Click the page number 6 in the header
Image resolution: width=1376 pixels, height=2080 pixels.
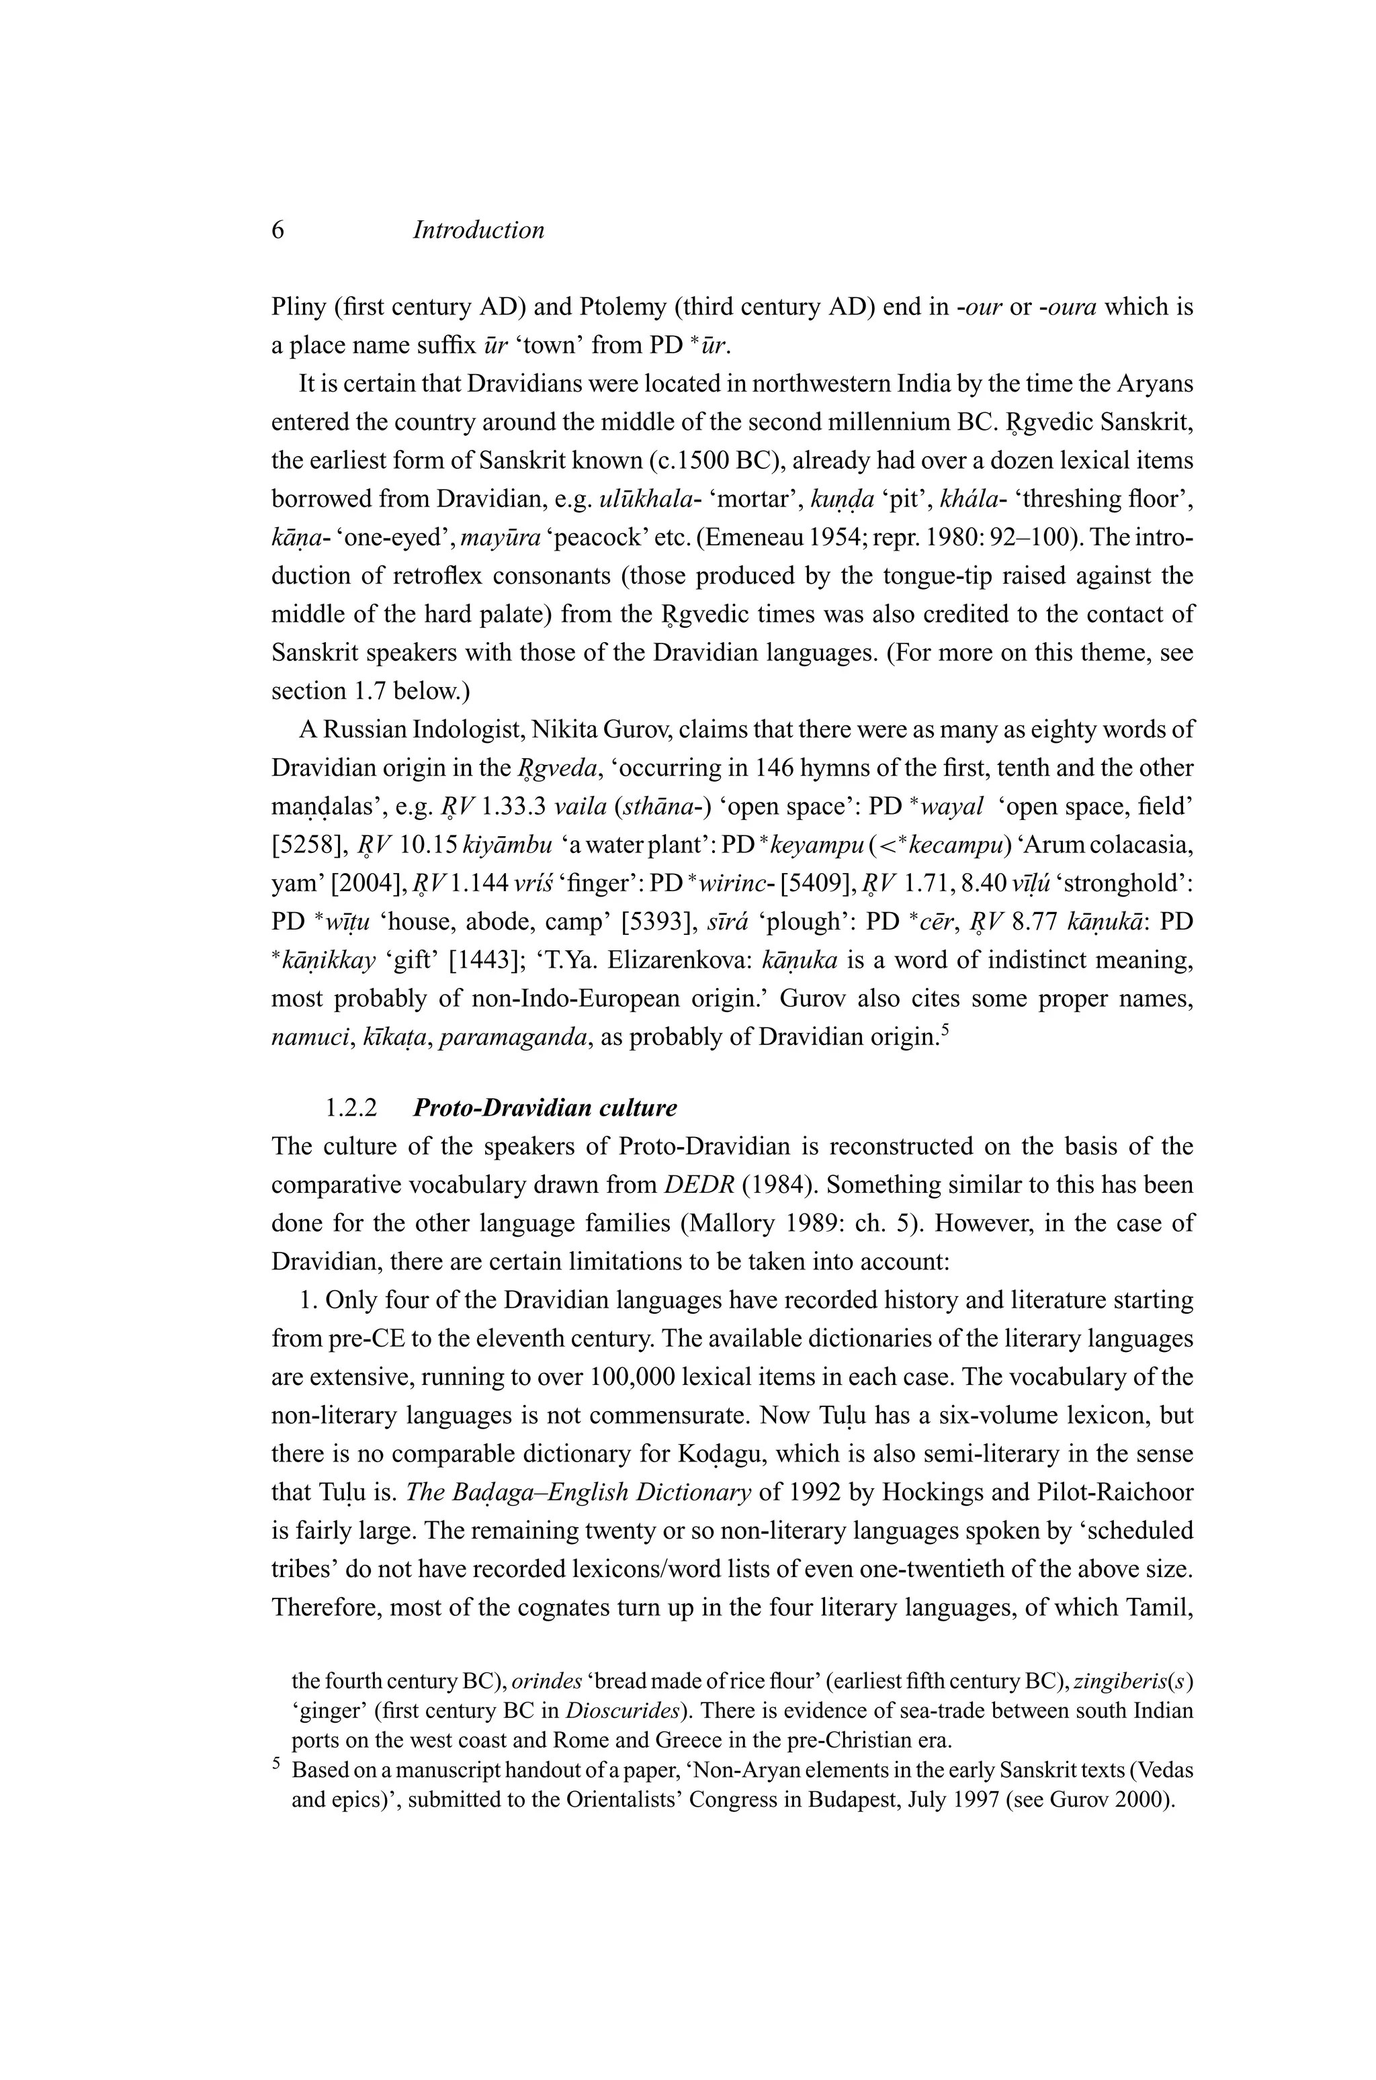click(278, 231)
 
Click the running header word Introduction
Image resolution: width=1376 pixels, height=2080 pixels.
click(478, 231)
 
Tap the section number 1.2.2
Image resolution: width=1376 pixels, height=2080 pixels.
click(351, 1108)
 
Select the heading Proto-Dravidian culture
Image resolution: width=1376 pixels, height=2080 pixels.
click(544, 1108)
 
